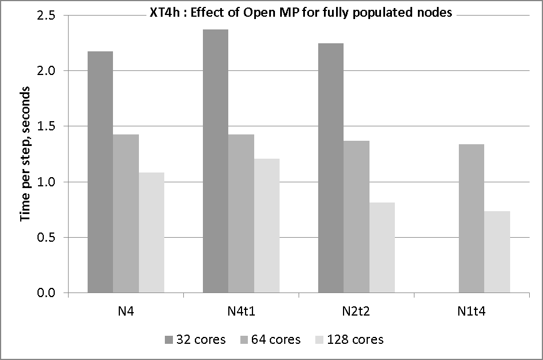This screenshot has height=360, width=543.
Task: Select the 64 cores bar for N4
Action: pyautogui.click(x=126, y=213)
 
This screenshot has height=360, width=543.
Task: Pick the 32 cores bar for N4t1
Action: pyautogui.click(x=215, y=161)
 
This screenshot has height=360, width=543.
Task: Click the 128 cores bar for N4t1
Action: pyautogui.click(x=267, y=226)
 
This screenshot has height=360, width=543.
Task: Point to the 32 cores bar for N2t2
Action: pyautogui.click(x=331, y=168)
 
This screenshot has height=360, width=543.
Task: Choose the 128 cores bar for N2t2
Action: pyautogui.click(x=382, y=247)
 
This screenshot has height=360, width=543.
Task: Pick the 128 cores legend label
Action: pyautogui.click(x=355, y=339)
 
